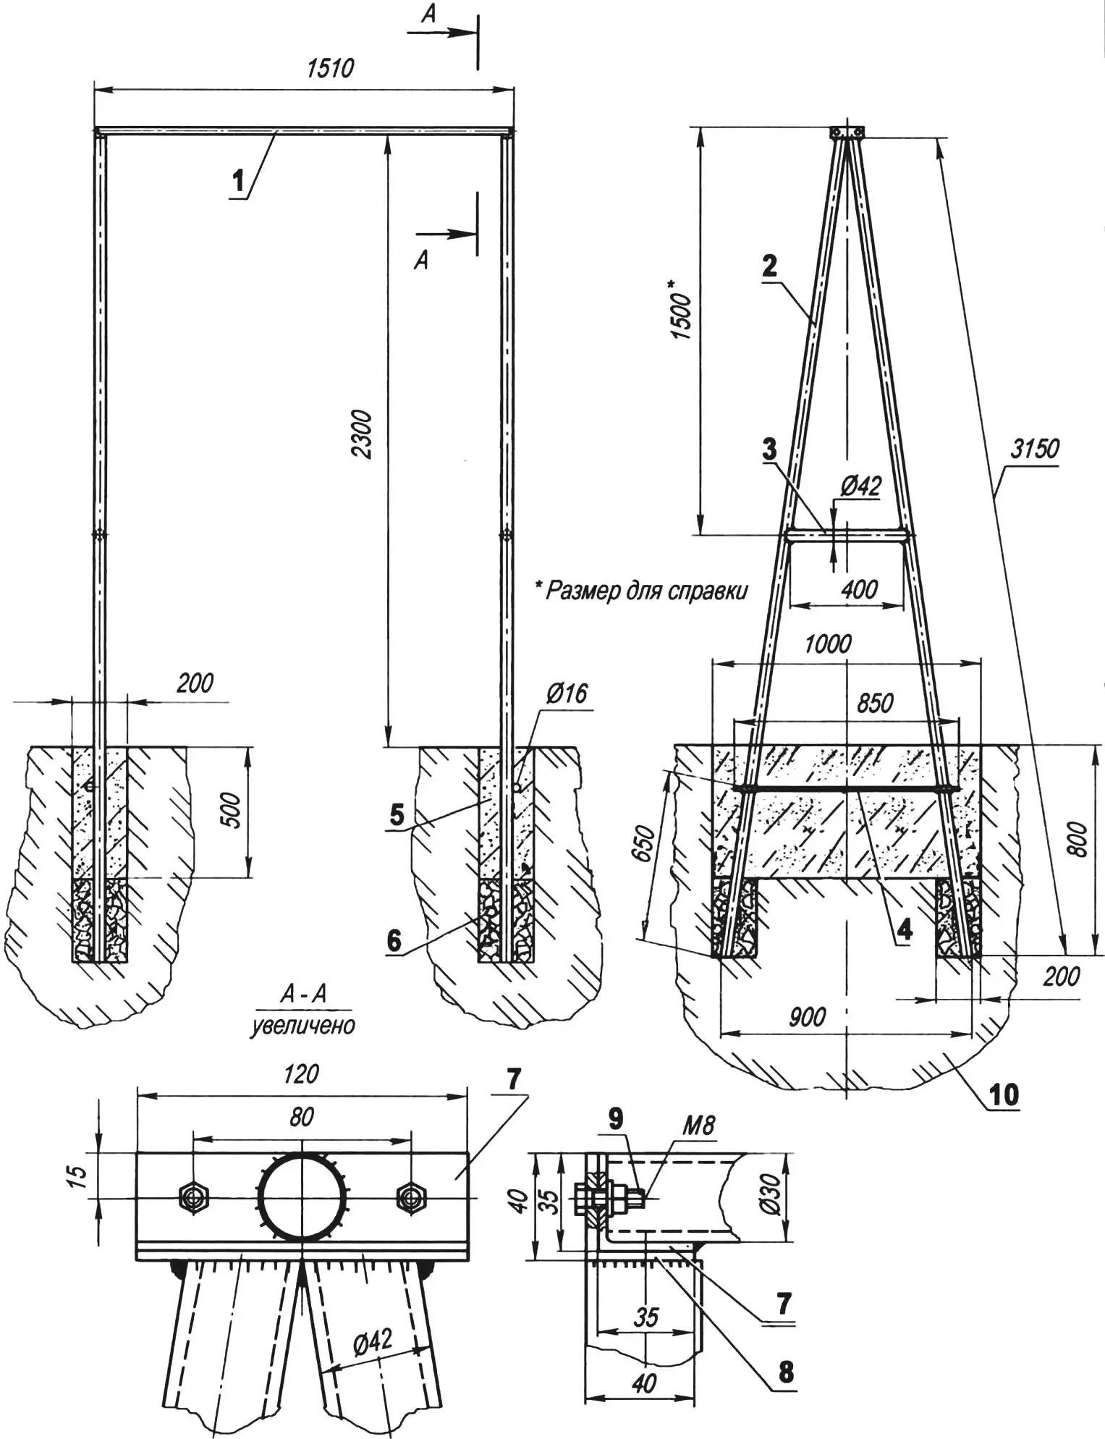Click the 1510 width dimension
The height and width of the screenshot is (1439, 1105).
pos(331,68)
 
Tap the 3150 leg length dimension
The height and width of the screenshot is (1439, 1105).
pos(1034,449)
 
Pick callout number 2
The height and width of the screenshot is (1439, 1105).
pos(769,266)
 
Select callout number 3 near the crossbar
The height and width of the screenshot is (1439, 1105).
pos(769,449)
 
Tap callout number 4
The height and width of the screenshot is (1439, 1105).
pos(905,930)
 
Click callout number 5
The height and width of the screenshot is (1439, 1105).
pos(396,814)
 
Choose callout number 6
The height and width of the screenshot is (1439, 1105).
pos(394,940)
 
